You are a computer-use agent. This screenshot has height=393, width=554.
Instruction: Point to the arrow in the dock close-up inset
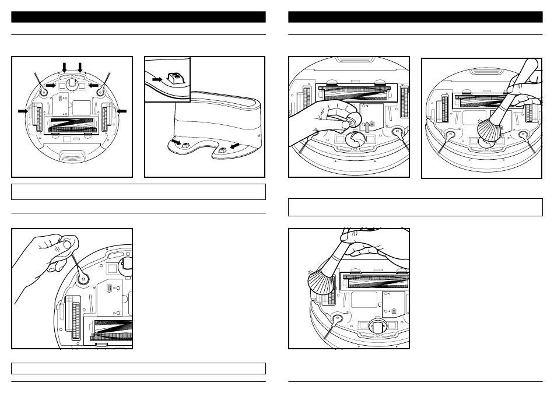point(157,78)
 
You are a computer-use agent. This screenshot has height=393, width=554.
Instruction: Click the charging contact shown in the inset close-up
point(173,76)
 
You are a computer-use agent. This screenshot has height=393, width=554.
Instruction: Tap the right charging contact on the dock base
point(221,149)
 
